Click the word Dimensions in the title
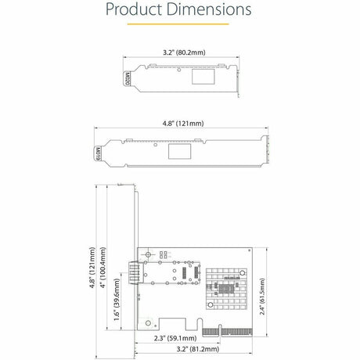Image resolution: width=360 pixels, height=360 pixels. pyautogui.click(x=210, y=10)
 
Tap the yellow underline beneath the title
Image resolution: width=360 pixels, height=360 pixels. pyautogui.click(x=179, y=24)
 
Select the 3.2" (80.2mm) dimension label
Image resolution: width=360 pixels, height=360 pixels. pyautogui.click(x=180, y=52)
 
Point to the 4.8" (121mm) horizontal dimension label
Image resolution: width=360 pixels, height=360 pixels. pyautogui.click(x=180, y=123)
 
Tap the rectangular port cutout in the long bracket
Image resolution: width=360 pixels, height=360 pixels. pyautogui.click(x=179, y=150)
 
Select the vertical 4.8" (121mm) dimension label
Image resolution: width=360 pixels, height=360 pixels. pyautogui.click(x=92, y=265)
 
